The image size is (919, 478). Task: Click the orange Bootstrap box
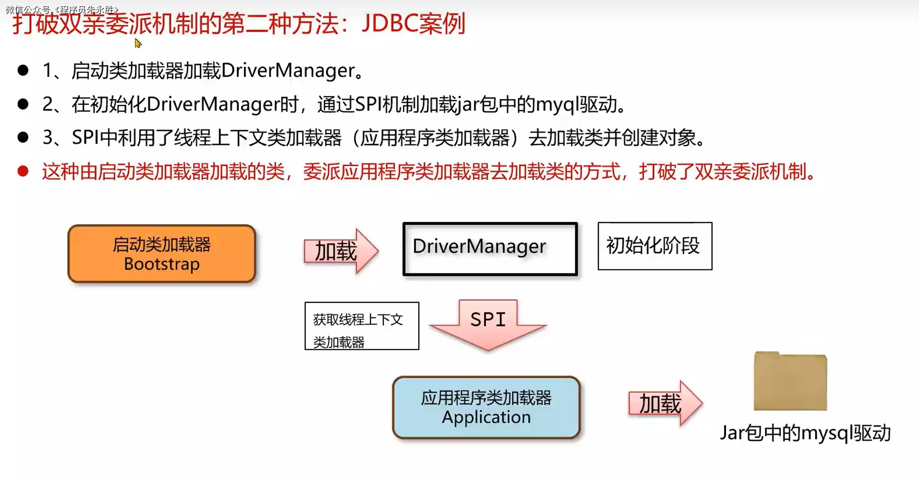pos(162,254)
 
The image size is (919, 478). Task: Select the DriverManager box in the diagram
pos(490,248)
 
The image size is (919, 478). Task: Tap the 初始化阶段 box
pos(654,246)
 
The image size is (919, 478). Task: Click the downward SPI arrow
pos(488,325)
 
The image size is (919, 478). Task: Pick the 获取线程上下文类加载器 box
pos(361,326)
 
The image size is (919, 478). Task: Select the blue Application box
pos(486,407)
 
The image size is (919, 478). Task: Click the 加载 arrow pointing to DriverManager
pos(340,251)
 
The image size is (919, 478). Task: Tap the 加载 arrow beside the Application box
pos(664,403)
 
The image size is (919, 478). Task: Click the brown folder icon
pos(790,381)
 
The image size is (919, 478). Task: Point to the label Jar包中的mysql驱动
pos(805,433)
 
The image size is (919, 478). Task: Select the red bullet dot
pos(23,172)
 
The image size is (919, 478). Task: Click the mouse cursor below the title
pos(138,43)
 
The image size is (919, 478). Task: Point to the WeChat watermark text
pos(62,9)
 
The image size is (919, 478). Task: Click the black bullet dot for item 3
pos(23,137)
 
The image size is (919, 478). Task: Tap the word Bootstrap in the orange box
pos(162,264)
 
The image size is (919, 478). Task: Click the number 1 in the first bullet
pos(47,70)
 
